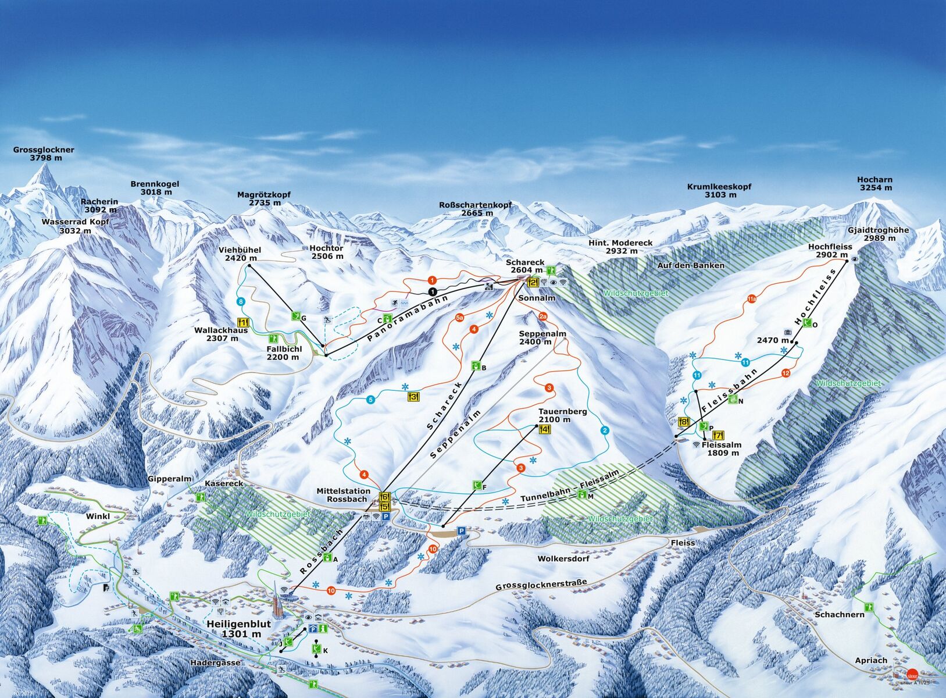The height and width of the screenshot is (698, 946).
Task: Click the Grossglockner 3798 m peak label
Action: coord(44,154)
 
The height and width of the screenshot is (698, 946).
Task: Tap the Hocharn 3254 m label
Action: coord(874,184)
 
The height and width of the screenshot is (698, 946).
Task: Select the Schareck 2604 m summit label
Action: coord(524,266)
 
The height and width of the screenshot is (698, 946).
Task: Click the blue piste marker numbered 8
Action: coord(241,301)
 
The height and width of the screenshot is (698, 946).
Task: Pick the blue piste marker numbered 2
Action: coord(605,430)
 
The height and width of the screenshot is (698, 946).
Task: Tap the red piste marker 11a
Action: coord(751,299)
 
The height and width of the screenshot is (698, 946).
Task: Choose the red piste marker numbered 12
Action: coord(786,373)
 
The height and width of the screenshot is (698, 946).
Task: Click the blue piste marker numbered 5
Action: coord(371,400)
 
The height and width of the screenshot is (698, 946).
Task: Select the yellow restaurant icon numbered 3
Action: coord(413,397)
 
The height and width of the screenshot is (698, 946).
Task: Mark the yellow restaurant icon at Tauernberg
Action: coord(545,429)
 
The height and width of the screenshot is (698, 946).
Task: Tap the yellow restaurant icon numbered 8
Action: coord(684,422)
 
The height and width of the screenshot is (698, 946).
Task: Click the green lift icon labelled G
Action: coord(296,316)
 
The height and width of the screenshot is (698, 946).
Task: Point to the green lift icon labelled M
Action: coord(582,494)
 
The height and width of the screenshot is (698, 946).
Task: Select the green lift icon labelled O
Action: coord(806,323)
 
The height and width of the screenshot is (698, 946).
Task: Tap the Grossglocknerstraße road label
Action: coord(541,585)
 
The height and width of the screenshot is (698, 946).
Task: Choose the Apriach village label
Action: coord(871,660)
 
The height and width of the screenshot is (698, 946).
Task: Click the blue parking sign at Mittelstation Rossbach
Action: coord(385,516)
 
